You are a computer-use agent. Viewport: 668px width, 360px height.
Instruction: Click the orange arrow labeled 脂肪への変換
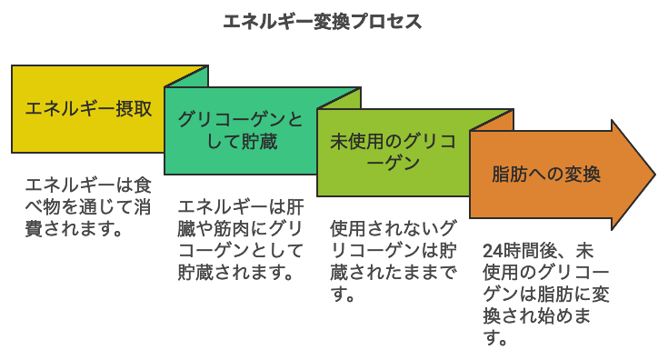[x=545, y=175]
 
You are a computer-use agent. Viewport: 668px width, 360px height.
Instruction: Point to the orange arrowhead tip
[x=652, y=175]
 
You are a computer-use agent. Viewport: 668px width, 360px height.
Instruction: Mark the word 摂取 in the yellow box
[x=133, y=109]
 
